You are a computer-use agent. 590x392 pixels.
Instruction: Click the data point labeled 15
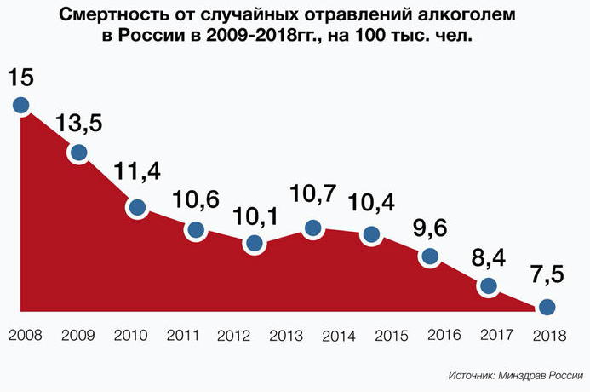tap(21, 106)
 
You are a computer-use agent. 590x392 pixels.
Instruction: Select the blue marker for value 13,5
tap(79, 153)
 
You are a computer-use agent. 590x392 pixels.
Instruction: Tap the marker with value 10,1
tap(254, 243)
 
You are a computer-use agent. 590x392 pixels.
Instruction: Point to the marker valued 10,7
tap(312, 228)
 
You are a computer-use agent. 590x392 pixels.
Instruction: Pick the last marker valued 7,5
tap(547, 307)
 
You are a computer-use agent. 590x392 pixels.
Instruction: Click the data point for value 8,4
tap(488, 285)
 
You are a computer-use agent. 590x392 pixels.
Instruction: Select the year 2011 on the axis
tap(185, 335)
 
